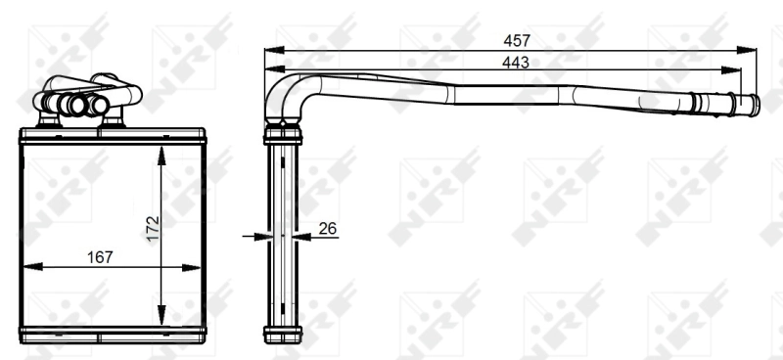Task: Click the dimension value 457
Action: click(516, 40)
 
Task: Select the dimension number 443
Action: click(516, 62)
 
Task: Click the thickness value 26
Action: click(328, 228)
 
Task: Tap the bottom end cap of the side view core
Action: click(283, 334)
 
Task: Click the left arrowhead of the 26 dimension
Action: click(261, 236)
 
